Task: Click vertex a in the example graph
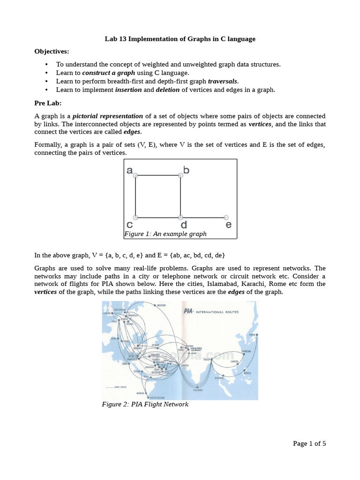click(x=135, y=175)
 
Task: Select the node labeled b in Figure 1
click(x=180, y=175)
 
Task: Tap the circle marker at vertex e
click(x=226, y=217)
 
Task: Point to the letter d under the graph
click(x=184, y=225)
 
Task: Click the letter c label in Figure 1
click(x=130, y=225)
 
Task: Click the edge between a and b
click(x=158, y=175)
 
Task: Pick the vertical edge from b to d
click(x=180, y=196)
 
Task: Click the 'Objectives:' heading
click(x=52, y=51)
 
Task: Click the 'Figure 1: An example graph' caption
click(x=165, y=234)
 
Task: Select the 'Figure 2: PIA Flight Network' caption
click(x=145, y=404)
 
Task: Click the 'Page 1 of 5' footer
click(x=309, y=443)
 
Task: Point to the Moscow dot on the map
click(x=155, y=305)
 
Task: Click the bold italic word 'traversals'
click(x=223, y=81)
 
